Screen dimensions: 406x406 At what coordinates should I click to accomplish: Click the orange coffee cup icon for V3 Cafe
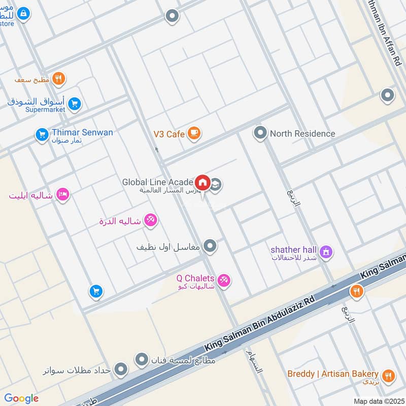[x=194, y=133]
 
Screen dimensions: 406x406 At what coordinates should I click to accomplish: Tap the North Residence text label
[x=302, y=133]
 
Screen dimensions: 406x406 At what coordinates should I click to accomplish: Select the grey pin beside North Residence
[x=260, y=133]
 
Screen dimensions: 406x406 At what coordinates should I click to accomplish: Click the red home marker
[x=202, y=182]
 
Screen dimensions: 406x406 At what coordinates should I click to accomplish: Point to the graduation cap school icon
[x=216, y=184]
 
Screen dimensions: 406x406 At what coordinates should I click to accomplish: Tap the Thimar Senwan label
[x=82, y=132]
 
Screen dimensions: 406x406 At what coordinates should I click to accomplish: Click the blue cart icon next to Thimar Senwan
[x=42, y=135]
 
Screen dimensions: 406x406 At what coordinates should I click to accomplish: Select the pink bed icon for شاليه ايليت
[x=62, y=195]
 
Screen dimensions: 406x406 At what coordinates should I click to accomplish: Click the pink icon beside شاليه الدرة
[x=150, y=220]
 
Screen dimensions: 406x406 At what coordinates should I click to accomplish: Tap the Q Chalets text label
[x=195, y=278]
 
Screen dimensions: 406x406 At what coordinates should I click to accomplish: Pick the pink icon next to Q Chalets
[x=224, y=280]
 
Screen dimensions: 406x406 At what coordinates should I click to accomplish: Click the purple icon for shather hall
[x=326, y=251]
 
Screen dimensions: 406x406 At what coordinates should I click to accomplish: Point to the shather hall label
[x=293, y=249]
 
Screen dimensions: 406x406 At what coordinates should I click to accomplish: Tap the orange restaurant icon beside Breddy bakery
[x=388, y=376]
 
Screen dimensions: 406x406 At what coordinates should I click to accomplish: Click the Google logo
[x=21, y=398]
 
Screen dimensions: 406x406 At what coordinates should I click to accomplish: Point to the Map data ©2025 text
[x=378, y=401]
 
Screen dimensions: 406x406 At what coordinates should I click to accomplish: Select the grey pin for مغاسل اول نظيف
[x=210, y=247]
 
